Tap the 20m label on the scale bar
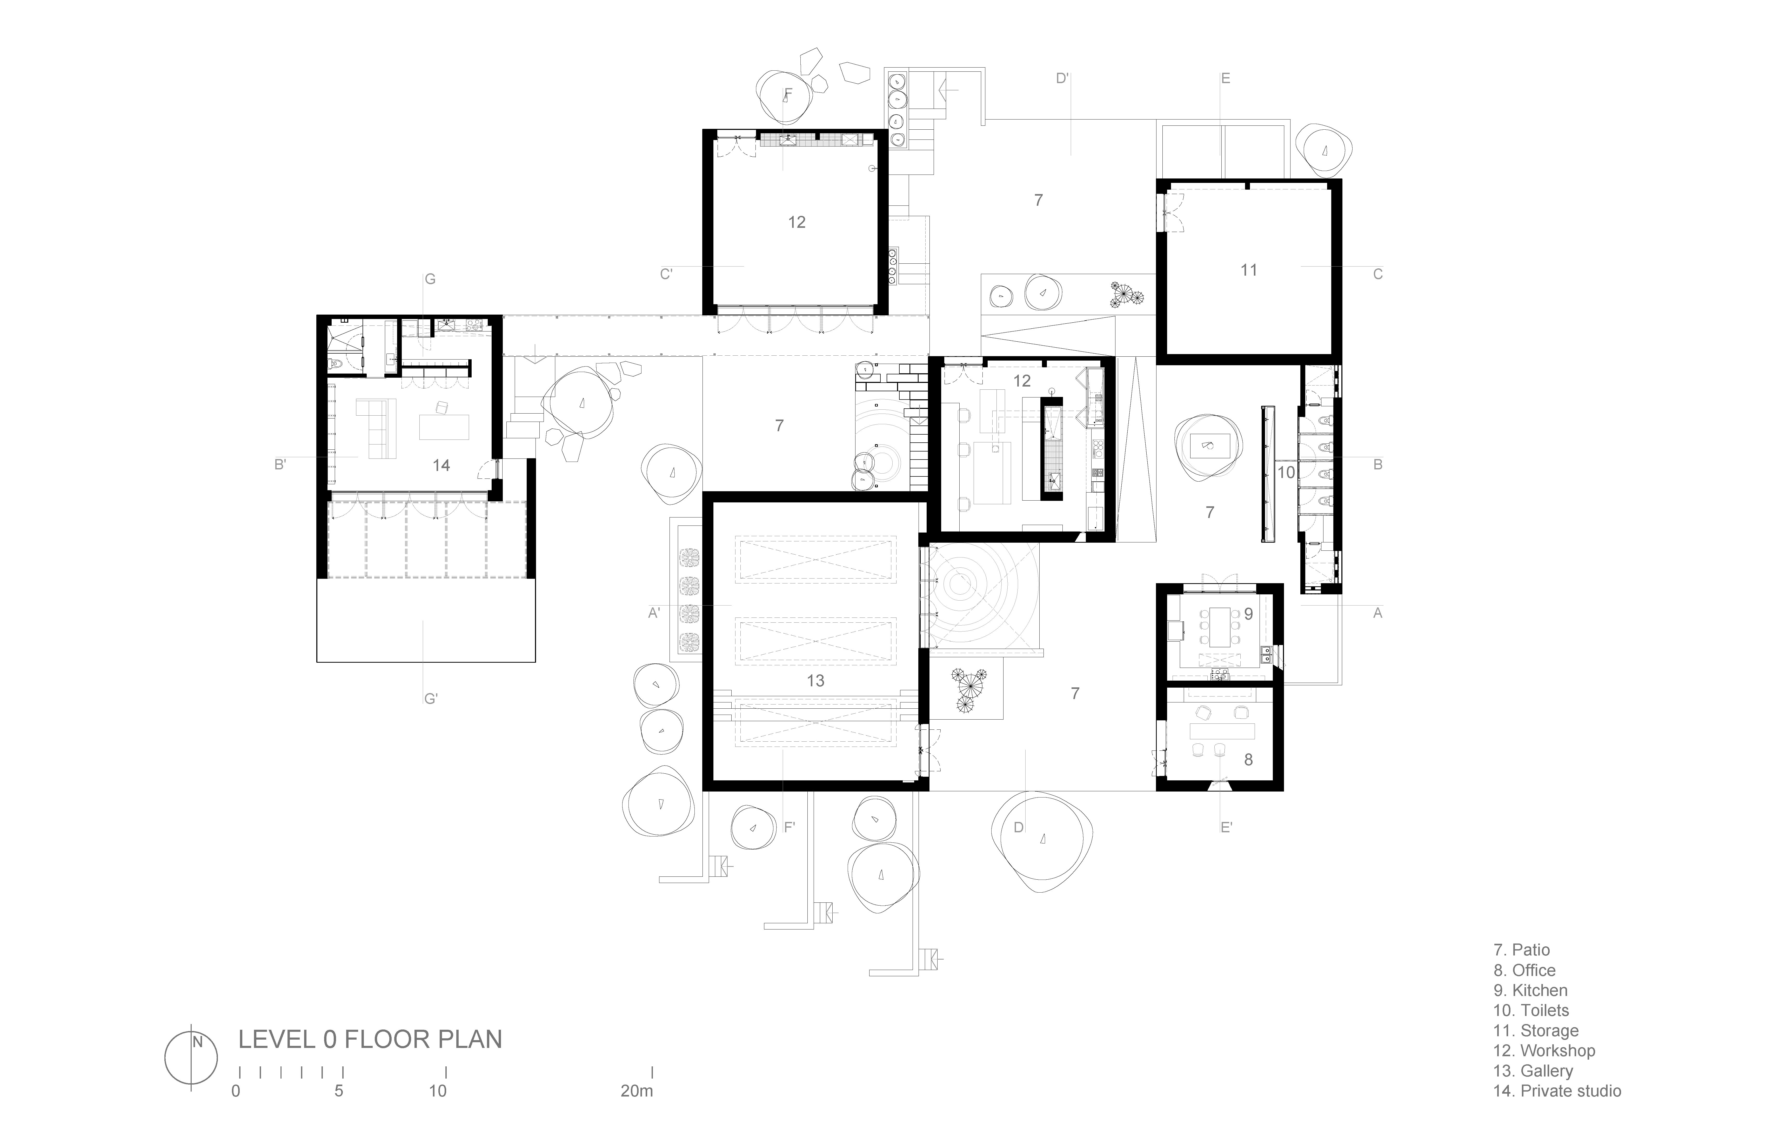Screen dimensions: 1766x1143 (637, 1091)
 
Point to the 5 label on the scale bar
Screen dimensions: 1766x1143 (339, 1091)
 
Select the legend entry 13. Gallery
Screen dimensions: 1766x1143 (1533, 1071)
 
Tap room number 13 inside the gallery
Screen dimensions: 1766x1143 (815, 681)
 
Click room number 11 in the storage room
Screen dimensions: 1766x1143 (1249, 270)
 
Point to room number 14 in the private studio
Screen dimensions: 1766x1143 (441, 465)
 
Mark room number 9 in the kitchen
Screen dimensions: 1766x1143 (1248, 614)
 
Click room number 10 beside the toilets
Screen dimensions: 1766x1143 (1286, 472)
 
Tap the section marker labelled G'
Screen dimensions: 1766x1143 (430, 699)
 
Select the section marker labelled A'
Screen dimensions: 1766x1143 (654, 613)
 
